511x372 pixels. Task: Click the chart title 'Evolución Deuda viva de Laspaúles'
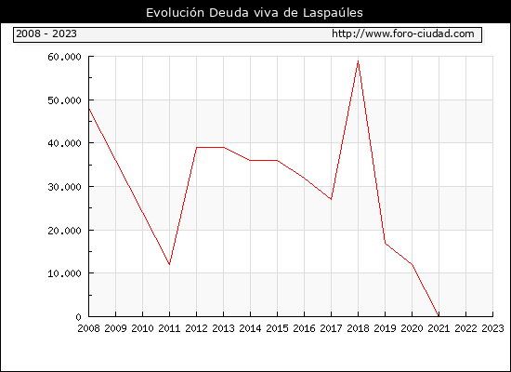255,13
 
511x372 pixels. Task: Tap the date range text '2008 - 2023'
46,33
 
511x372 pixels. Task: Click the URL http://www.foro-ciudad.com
403,33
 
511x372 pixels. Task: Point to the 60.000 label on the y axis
64,57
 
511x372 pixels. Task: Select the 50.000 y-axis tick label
64,100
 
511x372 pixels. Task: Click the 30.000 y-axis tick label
64,187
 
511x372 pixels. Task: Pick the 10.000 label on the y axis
64,273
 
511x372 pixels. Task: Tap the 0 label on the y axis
78,317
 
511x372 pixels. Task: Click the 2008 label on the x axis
88,328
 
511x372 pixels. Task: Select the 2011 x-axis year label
169,328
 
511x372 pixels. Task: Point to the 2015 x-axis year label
278,328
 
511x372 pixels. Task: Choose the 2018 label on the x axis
358,328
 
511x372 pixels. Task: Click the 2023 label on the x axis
492,328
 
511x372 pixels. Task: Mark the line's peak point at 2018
358,61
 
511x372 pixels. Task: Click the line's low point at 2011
169,264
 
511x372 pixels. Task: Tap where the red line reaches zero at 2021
439,316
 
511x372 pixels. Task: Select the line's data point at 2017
331,199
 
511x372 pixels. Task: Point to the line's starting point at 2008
89,109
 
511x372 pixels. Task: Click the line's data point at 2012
197,148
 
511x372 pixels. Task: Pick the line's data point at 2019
386,243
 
